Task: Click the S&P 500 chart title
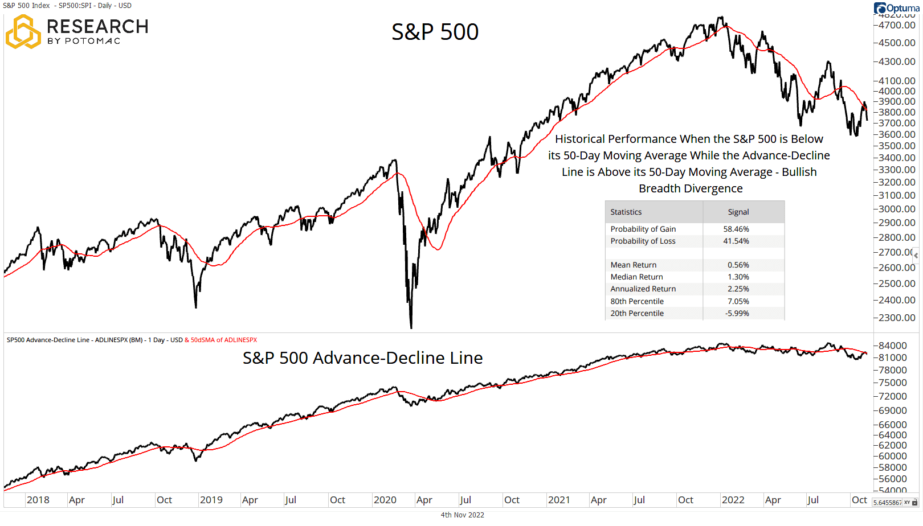[x=435, y=32]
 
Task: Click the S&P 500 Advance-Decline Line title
[x=362, y=358]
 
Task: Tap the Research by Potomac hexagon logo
[x=23, y=32]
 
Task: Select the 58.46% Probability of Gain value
[x=736, y=229]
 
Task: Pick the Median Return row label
[x=636, y=277]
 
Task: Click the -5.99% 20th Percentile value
[x=737, y=313]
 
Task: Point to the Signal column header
[x=738, y=212]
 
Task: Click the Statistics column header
[x=626, y=212]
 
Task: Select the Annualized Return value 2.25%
[x=738, y=289]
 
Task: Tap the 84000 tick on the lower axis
[x=893, y=346]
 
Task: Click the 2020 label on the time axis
[x=385, y=500]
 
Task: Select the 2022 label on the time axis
[x=733, y=500]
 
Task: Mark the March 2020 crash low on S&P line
[x=411, y=327]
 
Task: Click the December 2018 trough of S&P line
[x=196, y=307]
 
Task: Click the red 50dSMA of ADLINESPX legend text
[x=223, y=340]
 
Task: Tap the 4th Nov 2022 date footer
[x=462, y=515]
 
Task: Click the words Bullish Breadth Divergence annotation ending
[x=691, y=188]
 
